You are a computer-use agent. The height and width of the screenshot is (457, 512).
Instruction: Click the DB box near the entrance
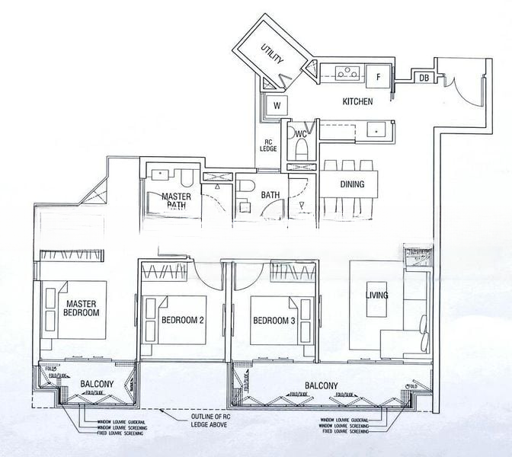click(423, 77)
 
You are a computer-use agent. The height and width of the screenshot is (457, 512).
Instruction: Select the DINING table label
click(348, 184)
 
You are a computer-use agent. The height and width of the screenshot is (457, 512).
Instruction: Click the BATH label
click(270, 195)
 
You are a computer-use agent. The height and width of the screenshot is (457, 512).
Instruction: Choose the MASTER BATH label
click(176, 200)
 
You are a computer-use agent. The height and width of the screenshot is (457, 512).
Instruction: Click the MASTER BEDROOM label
click(82, 308)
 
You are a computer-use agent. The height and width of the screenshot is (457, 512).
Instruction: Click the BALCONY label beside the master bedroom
click(97, 385)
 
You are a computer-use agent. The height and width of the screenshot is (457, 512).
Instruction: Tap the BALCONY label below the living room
click(321, 386)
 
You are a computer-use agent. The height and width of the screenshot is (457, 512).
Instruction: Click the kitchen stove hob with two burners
click(345, 74)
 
